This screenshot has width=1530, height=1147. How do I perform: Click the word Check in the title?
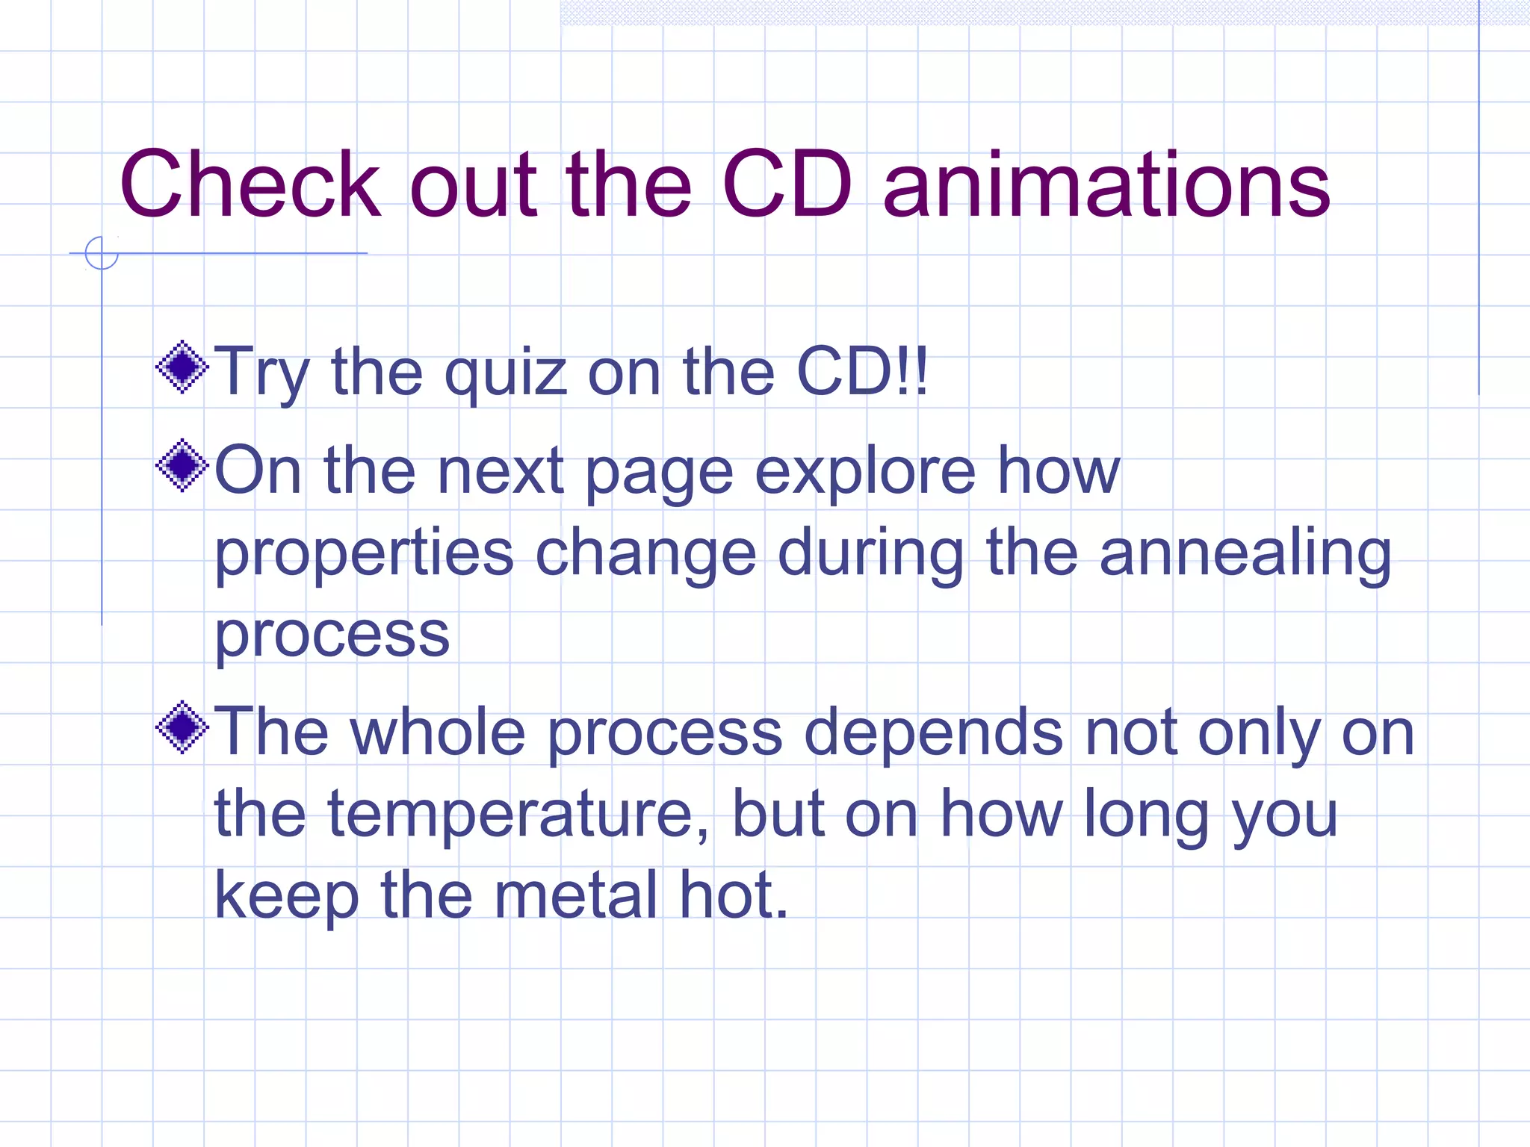pos(250,184)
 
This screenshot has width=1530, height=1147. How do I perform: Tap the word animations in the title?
pos(1106,184)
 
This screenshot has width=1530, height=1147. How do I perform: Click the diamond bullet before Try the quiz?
pos(182,367)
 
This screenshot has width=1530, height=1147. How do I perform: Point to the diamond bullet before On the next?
pos(182,465)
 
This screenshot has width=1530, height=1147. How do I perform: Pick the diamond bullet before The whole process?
pos(182,727)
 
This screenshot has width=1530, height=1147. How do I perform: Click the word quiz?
pos(505,373)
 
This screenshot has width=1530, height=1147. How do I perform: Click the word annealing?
pos(1245,555)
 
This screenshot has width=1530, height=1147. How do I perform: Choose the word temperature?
pos(518,814)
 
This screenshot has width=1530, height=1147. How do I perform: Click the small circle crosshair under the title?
pos(102,253)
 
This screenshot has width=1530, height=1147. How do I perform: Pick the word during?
pos(870,555)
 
